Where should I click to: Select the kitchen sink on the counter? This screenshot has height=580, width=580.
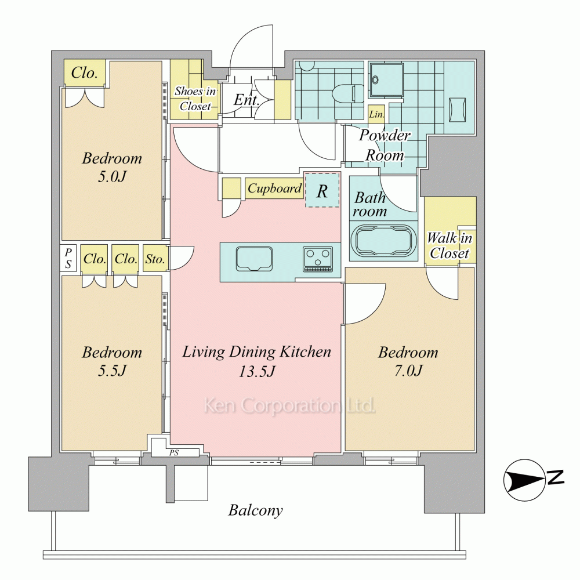pyautogui.click(x=254, y=259)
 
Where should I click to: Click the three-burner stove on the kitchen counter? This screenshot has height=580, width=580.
pyautogui.click(x=318, y=259)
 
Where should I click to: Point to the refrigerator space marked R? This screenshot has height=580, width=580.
pyautogui.click(x=322, y=190)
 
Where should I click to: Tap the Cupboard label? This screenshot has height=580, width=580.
pyautogui.click(x=274, y=188)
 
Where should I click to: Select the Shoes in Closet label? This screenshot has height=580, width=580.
pyautogui.click(x=195, y=99)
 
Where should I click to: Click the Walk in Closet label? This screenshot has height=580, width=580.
pyautogui.click(x=449, y=245)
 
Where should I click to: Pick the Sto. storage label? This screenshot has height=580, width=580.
pyautogui.click(x=155, y=259)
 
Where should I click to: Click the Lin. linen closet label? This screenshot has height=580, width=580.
pyautogui.click(x=376, y=114)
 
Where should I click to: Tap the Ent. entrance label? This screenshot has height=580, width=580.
pyautogui.click(x=246, y=100)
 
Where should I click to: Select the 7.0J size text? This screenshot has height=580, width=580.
pyautogui.click(x=408, y=370)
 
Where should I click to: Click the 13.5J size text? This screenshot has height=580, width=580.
pyautogui.click(x=257, y=371)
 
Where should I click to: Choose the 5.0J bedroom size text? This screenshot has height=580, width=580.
pyautogui.click(x=112, y=176)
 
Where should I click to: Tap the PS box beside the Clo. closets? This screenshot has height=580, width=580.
pyautogui.click(x=68, y=258)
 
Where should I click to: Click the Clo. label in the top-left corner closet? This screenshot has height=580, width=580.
pyautogui.click(x=84, y=73)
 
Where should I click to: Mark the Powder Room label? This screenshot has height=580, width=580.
pyautogui.click(x=385, y=145)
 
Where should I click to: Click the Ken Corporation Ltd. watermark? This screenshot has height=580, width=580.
pyautogui.click(x=289, y=405)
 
